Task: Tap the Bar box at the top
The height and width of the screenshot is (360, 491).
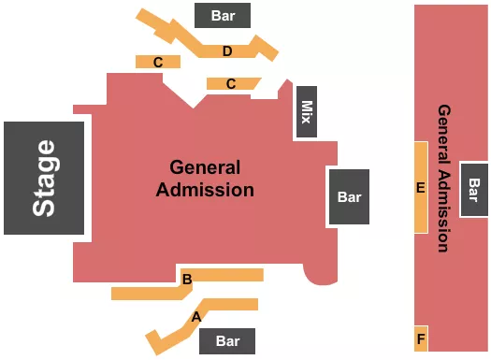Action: click(223, 16)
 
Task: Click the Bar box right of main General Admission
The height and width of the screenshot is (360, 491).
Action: click(349, 197)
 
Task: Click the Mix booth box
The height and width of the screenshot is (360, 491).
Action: click(306, 113)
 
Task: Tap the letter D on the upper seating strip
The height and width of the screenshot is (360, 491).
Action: click(227, 50)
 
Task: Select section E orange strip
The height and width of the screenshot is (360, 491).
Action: click(421, 187)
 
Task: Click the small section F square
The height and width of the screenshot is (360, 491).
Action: click(421, 338)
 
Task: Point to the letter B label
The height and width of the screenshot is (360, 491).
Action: click(187, 279)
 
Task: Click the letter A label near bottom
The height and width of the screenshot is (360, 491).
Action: click(196, 316)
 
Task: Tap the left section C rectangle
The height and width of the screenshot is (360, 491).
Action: click(158, 62)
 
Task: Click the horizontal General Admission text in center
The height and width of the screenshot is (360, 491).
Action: click(205, 179)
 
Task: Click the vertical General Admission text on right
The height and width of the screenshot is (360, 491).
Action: click(443, 178)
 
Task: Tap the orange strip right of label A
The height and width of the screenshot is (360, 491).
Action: click(234, 304)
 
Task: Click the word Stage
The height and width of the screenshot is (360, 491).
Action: click(44, 178)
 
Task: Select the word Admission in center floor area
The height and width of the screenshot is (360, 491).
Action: click(205, 190)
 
